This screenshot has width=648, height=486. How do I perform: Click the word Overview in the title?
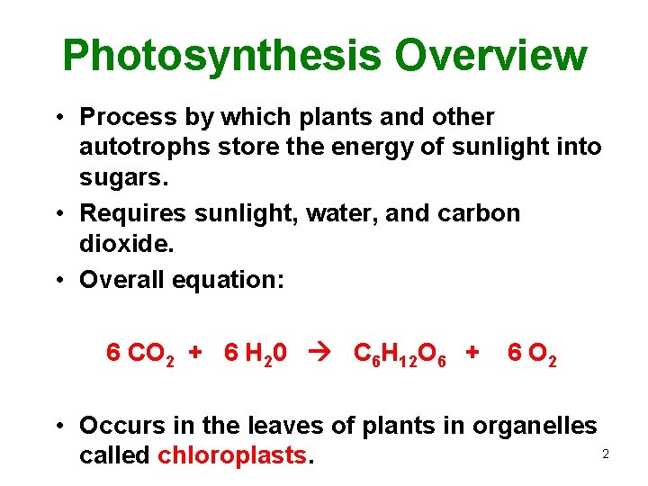pos(490,56)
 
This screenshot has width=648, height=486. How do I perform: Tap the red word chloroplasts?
pos(232,455)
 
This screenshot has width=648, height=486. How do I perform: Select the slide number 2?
pos(606,454)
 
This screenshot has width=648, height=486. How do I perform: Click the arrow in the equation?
pos(320,353)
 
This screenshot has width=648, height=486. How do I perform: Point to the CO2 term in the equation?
pos(152,354)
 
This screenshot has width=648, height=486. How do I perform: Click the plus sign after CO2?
pos(194,353)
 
